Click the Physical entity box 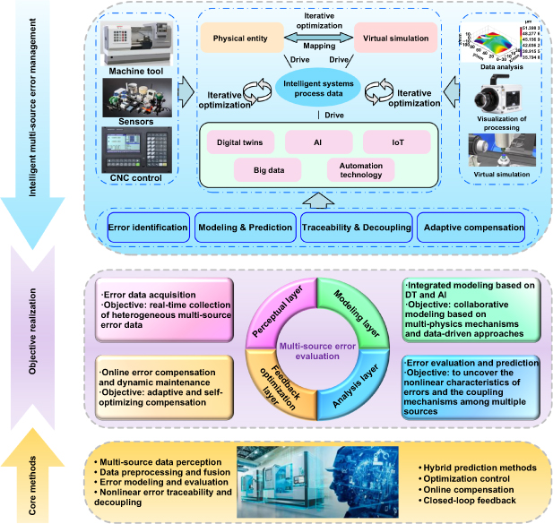(238, 39)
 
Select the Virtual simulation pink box (395, 39)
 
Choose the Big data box (266, 169)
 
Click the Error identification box (148, 228)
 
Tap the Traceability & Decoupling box (357, 228)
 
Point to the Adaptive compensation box (472, 228)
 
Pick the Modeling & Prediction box (244, 228)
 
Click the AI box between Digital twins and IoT (317, 142)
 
